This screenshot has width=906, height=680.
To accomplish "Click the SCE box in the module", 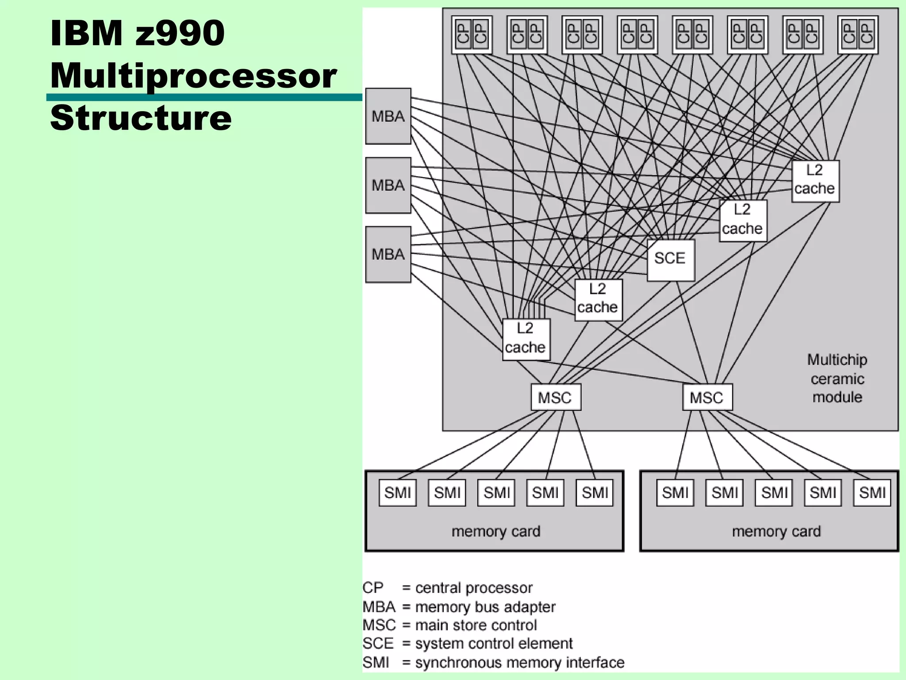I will click(670, 260).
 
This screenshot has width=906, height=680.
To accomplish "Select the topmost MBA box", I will click(388, 116).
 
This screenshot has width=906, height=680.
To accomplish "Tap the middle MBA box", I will click(388, 185).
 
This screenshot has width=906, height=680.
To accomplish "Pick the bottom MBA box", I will click(388, 255).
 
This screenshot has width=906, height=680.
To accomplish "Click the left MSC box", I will click(556, 398).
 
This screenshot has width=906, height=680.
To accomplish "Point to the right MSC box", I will click(707, 398).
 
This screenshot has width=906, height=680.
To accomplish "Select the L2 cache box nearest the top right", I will click(815, 181).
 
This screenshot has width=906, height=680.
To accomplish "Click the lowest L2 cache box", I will click(526, 339).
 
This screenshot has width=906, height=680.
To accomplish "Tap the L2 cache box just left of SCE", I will click(598, 300).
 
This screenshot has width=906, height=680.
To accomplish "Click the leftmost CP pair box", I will click(472, 35).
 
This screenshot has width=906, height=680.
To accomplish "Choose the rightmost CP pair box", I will click(858, 35).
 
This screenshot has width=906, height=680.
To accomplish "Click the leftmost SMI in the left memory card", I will click(397, 493).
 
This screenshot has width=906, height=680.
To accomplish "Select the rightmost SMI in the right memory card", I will click(872, 493).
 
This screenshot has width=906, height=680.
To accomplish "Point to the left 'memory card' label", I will click(496, 531).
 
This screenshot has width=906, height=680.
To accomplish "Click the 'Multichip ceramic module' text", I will click(837, 379).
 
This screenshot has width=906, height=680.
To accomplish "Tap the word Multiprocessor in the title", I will click(193, 75).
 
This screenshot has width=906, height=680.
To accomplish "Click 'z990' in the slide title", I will click(180, 33).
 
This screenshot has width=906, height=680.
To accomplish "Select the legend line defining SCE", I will click(468, 643).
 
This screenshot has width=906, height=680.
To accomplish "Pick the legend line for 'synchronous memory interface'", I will click(493, 662).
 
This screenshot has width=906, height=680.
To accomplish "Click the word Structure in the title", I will click(141, 118).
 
